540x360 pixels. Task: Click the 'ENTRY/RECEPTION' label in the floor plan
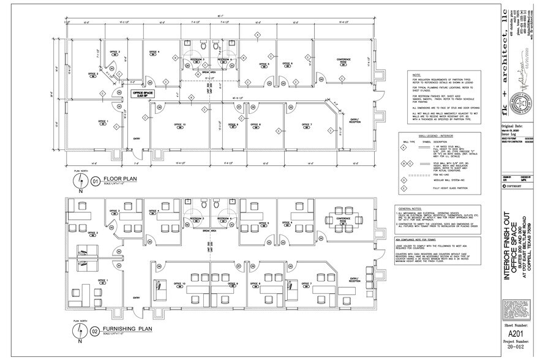tap(355, 121)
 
